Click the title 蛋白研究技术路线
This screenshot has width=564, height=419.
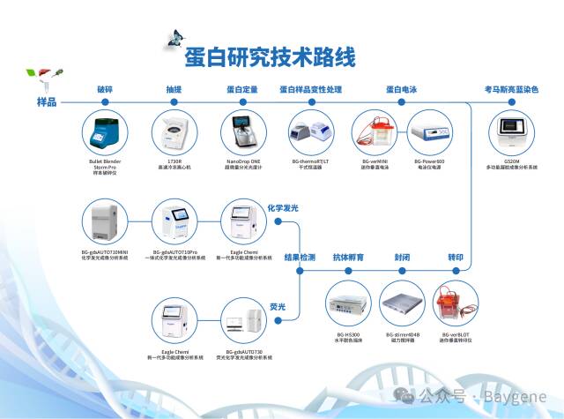[270, 58]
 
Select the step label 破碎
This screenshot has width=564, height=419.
[106, 89]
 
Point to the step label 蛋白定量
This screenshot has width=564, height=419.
[242, 89]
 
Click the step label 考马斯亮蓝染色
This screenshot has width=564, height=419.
[511, 89]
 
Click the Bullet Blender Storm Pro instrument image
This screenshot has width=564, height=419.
[106, 132]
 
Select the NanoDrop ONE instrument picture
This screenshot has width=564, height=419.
[242, 132]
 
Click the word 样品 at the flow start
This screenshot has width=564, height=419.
[46, 102]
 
